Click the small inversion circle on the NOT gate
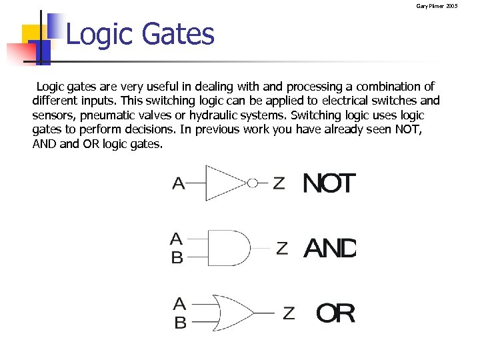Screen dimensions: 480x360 coord(253,183)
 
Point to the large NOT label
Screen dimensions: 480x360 coord(329,183)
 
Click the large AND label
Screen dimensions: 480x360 coord(330,249)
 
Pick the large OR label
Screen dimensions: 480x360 coord(335,313)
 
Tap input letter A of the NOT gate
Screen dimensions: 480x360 coord(179,183)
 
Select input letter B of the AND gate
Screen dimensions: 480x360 coord(177,257)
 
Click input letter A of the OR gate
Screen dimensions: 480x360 coord(179,305)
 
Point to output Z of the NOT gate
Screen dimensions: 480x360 coord(279,183)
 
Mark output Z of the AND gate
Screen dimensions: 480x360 coord(282,249)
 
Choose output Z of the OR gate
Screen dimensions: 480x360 coord(289,313)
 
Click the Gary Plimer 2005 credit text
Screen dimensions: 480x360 coord(437,6)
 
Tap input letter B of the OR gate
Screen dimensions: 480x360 coord(180,323)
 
